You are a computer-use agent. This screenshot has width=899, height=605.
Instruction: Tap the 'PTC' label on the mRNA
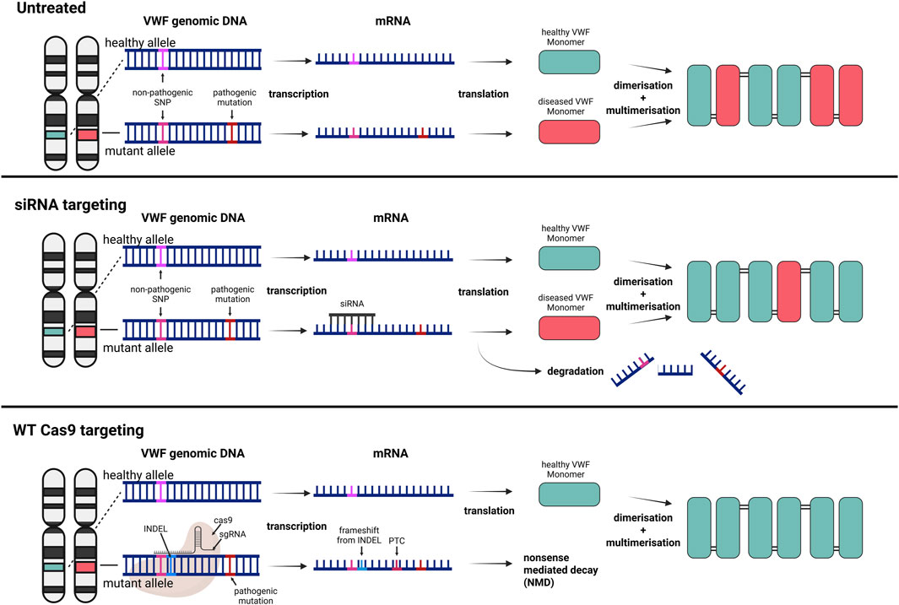[395, 530]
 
